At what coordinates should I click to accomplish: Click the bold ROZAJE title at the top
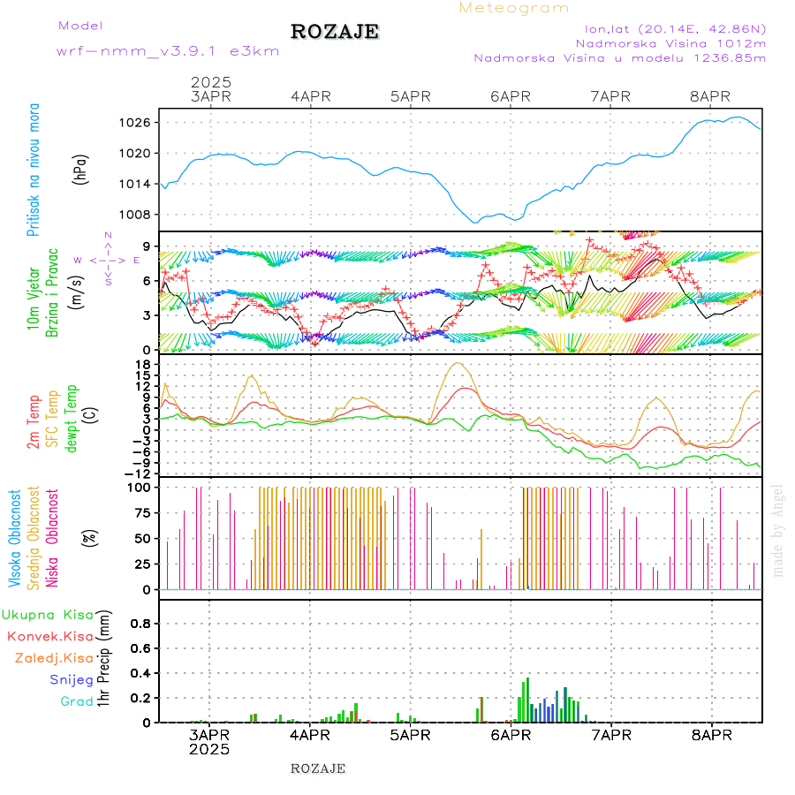coord(335,32)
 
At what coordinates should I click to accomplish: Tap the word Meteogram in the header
coord(514,8)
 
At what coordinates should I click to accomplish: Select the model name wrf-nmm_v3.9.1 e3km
coord(168,51)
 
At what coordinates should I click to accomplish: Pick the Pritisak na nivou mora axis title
coord(34,169)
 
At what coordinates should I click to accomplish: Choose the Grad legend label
coord(77,701)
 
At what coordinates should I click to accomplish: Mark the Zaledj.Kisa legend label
coord(54,657)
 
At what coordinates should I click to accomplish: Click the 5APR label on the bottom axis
coord(410,735)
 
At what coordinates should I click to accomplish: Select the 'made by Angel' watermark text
coord(778,530)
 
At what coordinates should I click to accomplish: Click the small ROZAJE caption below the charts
coord(318,768)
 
